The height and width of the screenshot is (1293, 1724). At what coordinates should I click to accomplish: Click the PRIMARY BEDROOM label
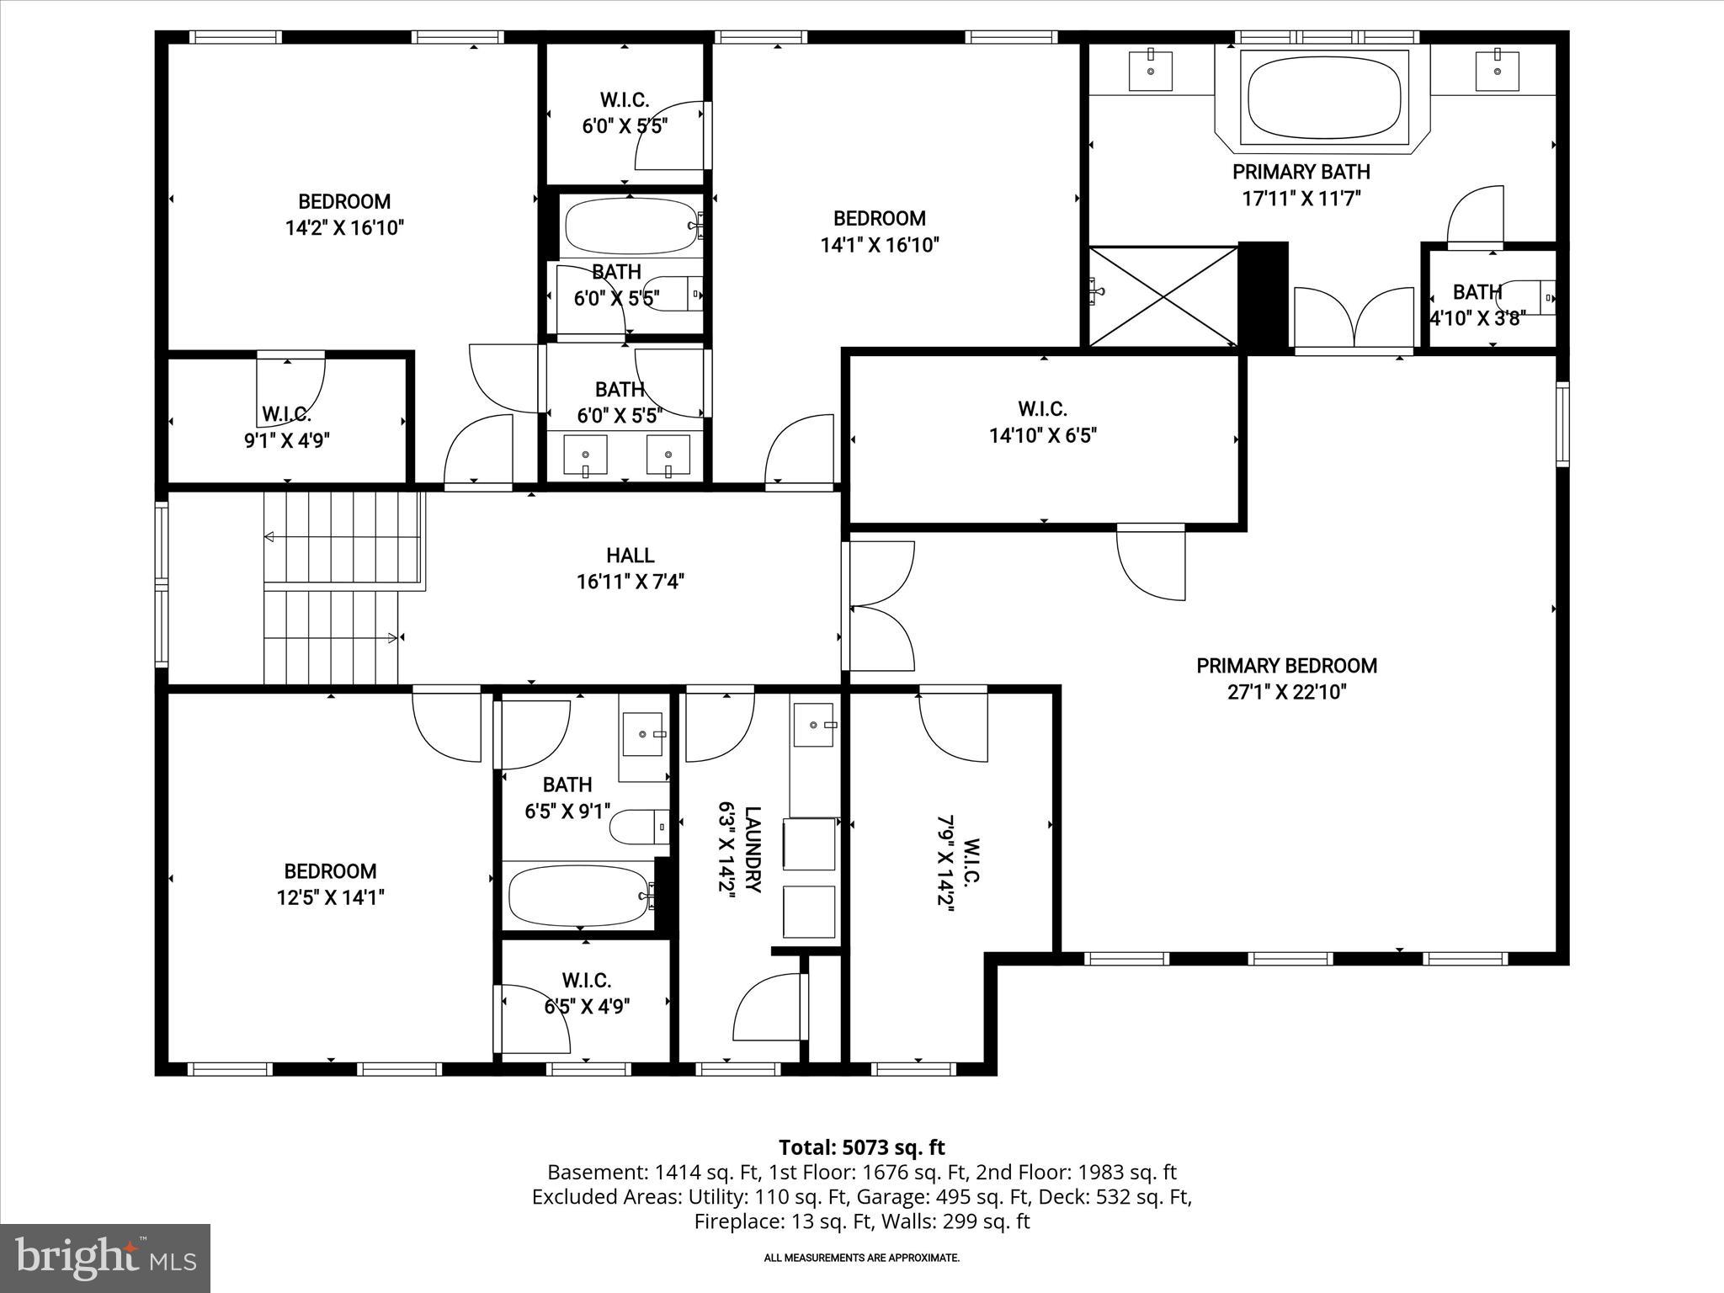[x=1286, y=666]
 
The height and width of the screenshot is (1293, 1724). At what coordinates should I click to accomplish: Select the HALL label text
[x=630, y=556]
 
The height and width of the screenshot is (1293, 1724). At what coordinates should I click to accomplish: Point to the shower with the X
[x=1163, y=295]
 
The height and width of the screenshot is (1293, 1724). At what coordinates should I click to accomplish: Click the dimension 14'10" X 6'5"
[x=1042, y=436]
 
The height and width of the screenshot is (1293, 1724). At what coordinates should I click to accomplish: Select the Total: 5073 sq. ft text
[x=861, y=1147]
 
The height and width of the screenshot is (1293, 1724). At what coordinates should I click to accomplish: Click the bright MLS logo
[x=105, y=1258]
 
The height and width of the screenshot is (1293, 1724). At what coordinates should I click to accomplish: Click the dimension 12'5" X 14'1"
[x=330, y=897]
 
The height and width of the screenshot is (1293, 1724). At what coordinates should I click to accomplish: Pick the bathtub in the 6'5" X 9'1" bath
[x=578, y=896]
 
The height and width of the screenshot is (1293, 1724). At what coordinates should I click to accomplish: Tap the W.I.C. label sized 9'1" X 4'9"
[x=286, y=414]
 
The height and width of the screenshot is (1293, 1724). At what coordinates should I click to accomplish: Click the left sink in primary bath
[x=1150, y=71]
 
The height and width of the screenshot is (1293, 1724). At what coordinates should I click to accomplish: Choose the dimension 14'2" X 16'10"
[x=344, y=228]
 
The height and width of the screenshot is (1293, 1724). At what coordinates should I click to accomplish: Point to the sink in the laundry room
[x=813, y=725]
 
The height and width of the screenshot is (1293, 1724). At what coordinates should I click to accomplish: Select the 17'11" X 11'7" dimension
[x=1301, y=199]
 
